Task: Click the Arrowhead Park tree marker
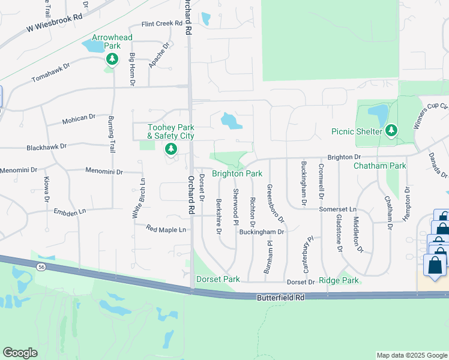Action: click(112, 59)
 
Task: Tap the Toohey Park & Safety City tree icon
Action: click(171, 148)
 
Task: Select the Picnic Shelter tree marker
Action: click(391, 130)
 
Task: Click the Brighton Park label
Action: click(237, 173)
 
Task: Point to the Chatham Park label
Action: click(380, 166)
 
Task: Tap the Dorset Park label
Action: click(218, 279)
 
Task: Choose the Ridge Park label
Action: click(339, 280)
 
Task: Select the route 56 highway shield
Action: click(40, 266)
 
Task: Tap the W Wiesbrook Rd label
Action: click(53, 23)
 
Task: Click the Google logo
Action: click(20, 353)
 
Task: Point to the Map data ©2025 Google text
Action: click(411, 355)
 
